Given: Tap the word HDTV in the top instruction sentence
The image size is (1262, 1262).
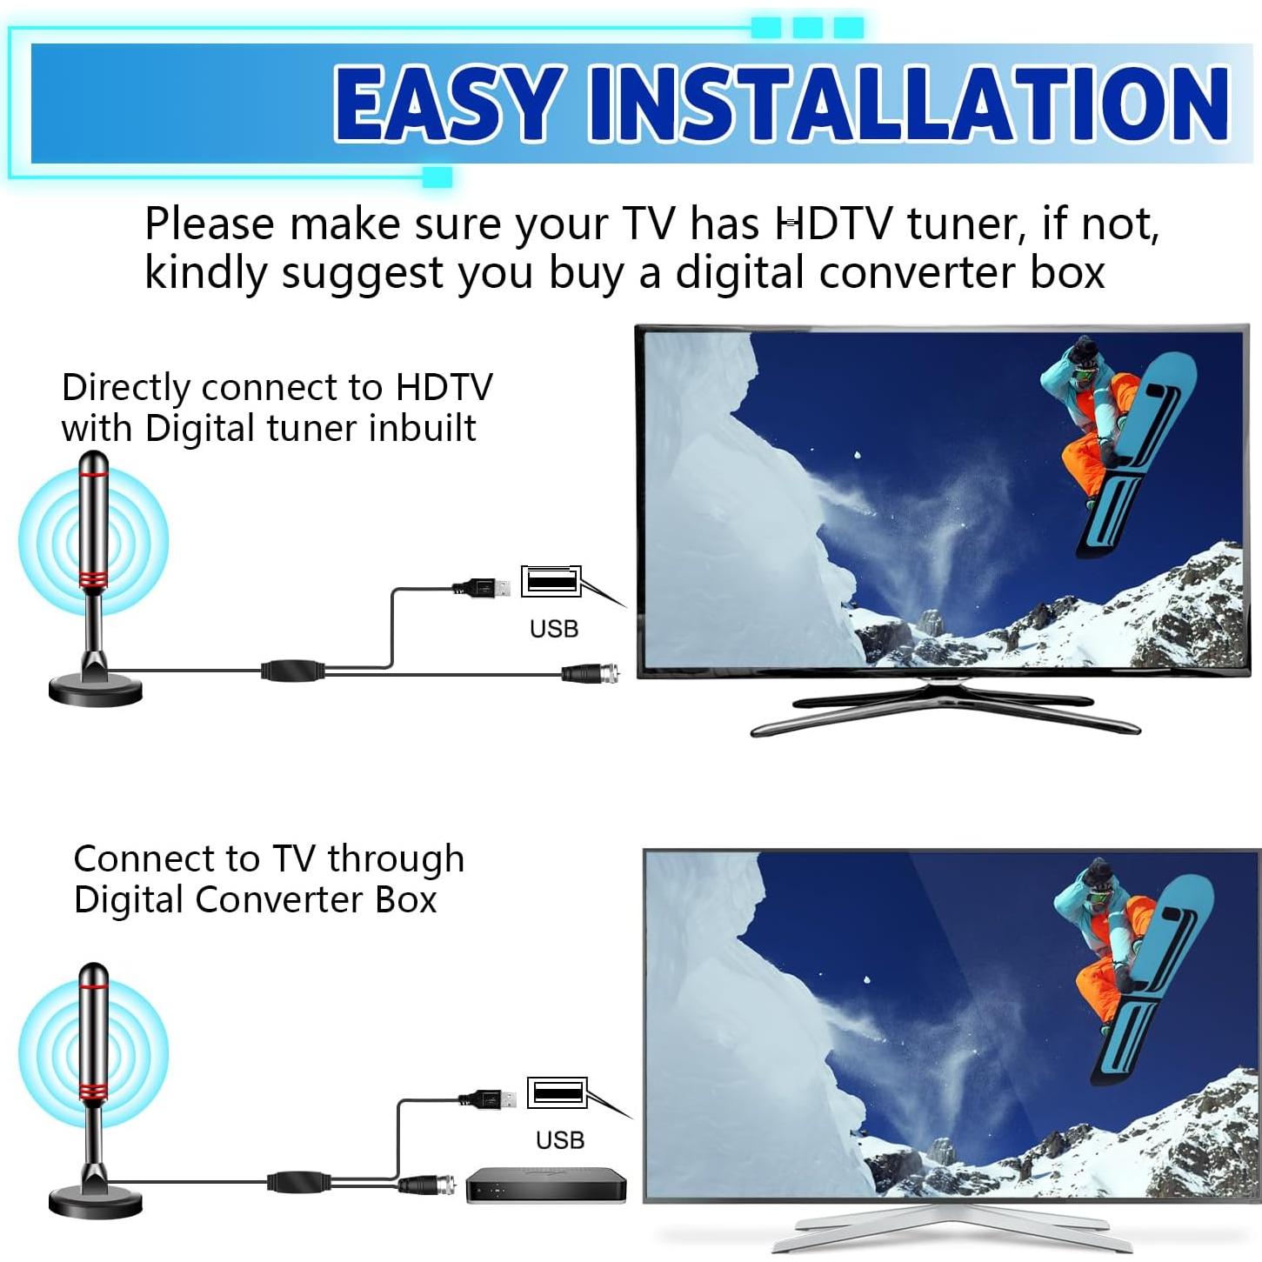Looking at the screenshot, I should pos(832,224).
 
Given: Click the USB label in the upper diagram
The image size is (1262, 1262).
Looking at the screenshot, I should pos(554,628).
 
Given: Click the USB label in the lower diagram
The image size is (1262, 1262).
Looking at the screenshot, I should pos(560,1139).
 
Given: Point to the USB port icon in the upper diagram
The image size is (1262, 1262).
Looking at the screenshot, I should pos(551,580).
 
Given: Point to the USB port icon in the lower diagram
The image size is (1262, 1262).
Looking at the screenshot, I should pos(557,1092).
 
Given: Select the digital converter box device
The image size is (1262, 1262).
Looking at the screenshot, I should pos(546,1185).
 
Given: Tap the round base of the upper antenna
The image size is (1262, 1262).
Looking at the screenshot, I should pos(95,691).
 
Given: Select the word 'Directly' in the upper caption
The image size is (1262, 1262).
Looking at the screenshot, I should pos(125,387).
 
